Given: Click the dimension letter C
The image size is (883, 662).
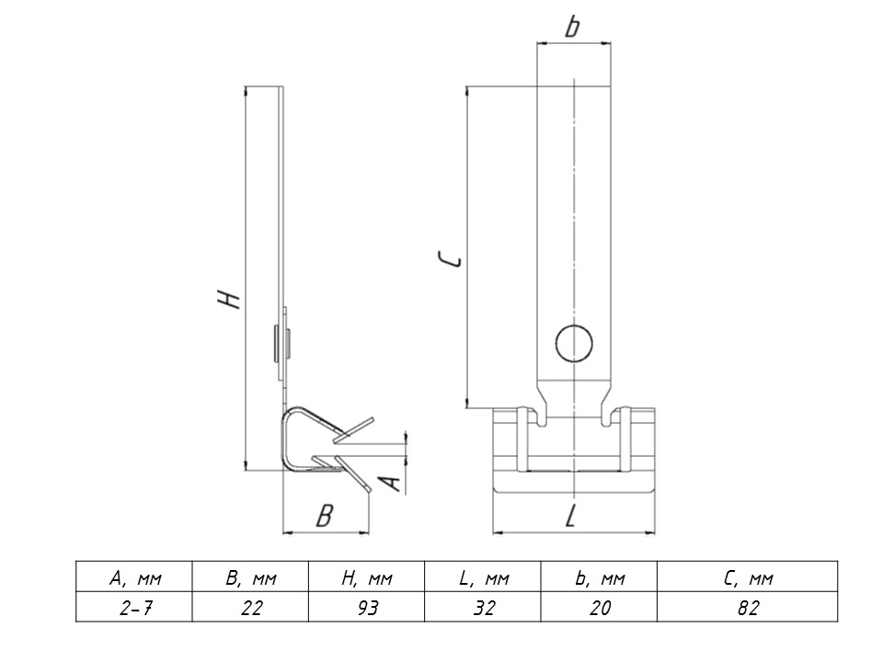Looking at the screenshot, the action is [451, 259].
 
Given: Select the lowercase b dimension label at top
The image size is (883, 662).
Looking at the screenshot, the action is [572, 26].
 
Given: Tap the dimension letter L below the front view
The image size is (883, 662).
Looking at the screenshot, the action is [571, 515].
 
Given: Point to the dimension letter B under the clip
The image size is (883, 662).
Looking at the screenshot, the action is [325, 515].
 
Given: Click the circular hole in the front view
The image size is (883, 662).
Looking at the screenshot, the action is [574, 344].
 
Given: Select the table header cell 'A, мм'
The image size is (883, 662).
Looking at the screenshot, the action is [134, 577].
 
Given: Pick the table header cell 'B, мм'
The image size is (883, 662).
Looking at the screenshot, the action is [250, 577].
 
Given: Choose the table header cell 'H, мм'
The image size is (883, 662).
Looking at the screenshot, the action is [367, 577].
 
